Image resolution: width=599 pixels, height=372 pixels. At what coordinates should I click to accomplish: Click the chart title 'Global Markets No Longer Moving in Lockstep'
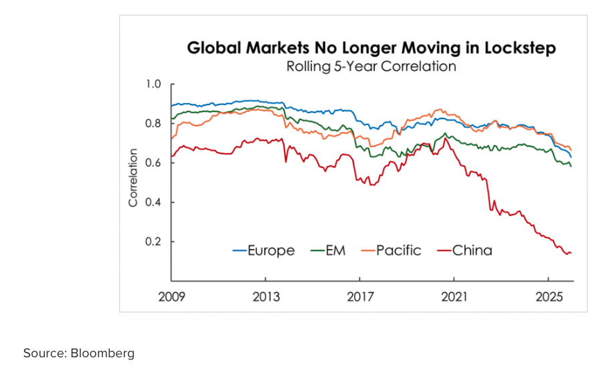point(371,48)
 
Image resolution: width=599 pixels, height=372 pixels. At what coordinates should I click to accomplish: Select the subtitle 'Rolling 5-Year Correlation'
point(371,67)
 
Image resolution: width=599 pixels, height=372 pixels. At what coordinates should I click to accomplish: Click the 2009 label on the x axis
point(172,295)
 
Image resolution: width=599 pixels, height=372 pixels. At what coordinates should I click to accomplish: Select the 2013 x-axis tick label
point(266,295)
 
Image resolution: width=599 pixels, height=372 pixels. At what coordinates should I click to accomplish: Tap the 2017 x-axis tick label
point(360,295)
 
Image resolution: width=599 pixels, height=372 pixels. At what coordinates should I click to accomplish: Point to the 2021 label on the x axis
point(454,295)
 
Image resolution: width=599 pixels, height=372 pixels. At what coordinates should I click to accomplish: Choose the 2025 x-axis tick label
point(548,295)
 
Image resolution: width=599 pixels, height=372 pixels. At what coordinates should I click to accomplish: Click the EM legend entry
point(329,251)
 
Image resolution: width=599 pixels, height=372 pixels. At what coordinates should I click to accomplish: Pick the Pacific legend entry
point(391,251)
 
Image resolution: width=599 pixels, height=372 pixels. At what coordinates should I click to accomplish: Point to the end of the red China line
point(571,252)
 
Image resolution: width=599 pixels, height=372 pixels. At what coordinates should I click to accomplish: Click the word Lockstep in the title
point(520,48)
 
